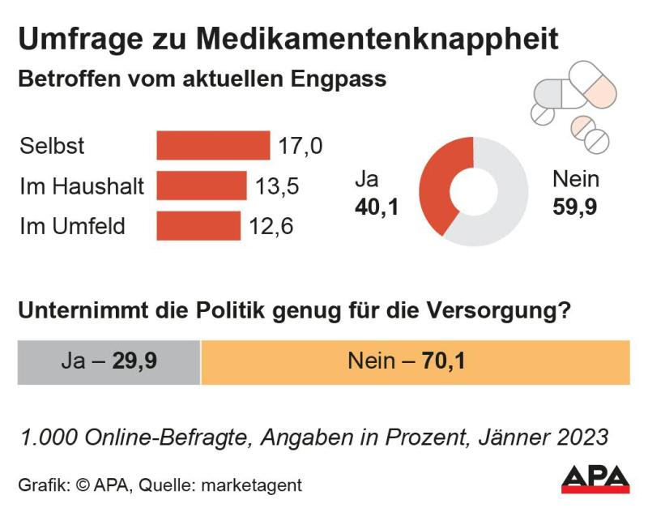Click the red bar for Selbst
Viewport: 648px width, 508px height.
pyautogui.click(x=212, y=146)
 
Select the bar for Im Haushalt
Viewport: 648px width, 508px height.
pyautogui.click(x=201, y=186)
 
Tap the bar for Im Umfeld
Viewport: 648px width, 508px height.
pyautogui.click(x=198, y=226)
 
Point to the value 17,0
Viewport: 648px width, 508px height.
pyautogui.click(x=300, y=146)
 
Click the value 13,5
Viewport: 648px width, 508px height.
pyautogui.click(x=277, y=186)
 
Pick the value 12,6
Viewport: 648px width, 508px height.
pyautogui.click(x=271, y=226)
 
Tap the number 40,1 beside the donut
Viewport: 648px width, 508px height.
pyautogui.click(x=377, y=207)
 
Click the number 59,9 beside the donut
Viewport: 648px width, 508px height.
pyautogui.click(x=574, y=207)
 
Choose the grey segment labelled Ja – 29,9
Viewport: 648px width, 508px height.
pyautogui.click(x=109, y=361)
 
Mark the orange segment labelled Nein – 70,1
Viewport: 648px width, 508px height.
pyautogui.click(x=415, y=361)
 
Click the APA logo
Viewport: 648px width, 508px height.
pyautogui.click(x=595, y=479)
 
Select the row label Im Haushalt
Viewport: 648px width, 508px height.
pyautogui.click(x=82, y=186)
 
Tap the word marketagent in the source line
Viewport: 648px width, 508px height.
pyautogui.click(x=252, y=485)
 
